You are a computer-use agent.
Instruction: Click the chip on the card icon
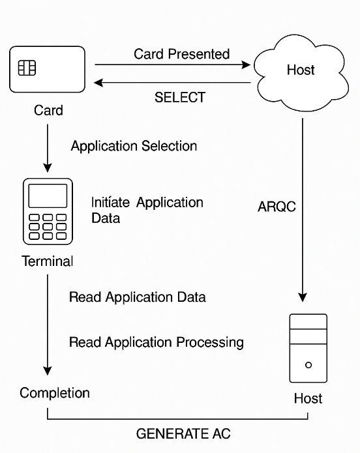click(x=27, y=68)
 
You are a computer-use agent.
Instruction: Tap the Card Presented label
click(x=181, y=54)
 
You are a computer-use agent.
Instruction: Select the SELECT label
click(x=180, y=97)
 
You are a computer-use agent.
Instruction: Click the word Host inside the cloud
click(x=301, y=70)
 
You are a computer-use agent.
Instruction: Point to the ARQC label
click(x=277, y=207)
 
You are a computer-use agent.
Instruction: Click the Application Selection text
click(x=134, y=146)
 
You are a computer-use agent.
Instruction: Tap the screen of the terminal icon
click(x=48, y=196)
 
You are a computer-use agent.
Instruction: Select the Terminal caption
click(x=48, y=261)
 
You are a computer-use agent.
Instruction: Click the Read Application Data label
click(x=138, y=297)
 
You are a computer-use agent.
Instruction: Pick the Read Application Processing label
click(x=157, y=342)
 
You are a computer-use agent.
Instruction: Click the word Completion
click(x=55, y=393)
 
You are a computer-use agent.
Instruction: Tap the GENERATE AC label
click(x=183, y=433)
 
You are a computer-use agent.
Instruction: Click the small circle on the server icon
click(x=308, y=365)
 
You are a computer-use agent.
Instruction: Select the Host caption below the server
click(x=308, y=398)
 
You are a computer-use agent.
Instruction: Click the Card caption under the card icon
click(x=48, y=110)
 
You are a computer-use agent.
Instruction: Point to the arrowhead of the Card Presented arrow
click(x=246, y=65)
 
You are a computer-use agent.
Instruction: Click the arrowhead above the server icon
click(x=303, y=297)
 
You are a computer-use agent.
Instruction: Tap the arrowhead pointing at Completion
click(x=48, y=371)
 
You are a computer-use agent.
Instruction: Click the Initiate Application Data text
click(x=147, y=211)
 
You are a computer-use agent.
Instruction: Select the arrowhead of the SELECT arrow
click(x=98, y=83)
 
